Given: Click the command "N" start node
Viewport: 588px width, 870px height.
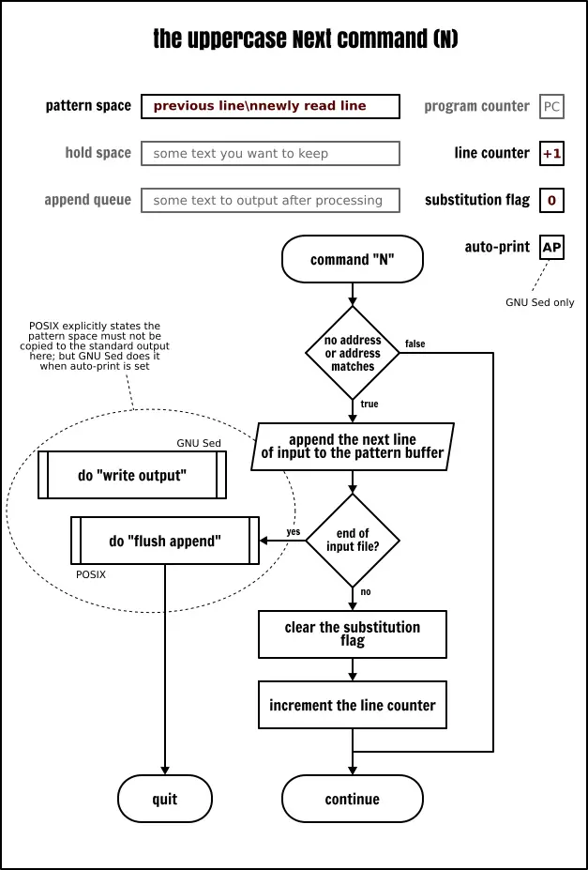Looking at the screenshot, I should click(353, 259).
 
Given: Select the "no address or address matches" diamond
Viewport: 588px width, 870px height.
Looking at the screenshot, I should click(353, 353).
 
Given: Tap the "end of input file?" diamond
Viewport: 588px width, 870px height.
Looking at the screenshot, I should click(353, 541).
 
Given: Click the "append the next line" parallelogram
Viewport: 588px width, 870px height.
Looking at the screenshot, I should click(353, 446).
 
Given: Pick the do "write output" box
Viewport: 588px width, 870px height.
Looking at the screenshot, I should click(132, 475).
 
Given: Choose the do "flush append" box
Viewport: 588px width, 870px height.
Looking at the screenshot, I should click(165, 541).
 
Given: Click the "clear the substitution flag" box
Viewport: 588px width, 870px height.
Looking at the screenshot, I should click(353, 634).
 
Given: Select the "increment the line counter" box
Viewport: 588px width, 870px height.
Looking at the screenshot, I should click(353, 705).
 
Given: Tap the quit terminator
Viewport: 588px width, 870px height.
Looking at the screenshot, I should click(165, 799).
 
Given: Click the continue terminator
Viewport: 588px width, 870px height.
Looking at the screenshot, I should click(353, 799).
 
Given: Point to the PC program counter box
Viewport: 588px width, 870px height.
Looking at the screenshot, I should click(552, 106).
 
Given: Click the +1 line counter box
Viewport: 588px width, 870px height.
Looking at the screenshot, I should click(552, 153).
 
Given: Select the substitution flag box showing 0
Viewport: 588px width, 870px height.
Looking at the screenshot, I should click(552, 200).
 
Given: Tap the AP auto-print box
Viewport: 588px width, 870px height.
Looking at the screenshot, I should click(552, 248).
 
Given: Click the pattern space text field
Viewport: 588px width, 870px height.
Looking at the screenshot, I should click(270, 106).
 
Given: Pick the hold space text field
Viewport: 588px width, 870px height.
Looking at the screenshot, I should click(270, 153).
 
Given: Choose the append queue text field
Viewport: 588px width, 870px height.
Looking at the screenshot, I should click(270, 200).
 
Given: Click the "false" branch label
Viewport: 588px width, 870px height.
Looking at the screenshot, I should click(415, 343).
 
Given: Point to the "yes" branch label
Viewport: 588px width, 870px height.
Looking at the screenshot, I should click(294, 531).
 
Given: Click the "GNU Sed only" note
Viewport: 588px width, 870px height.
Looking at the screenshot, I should click(539, 302).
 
